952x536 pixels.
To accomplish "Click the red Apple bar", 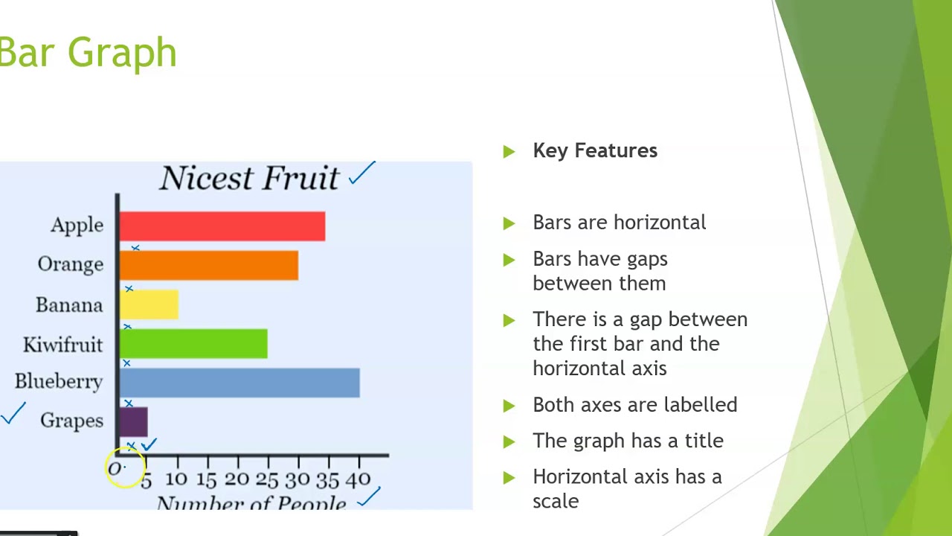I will click(x=222, y=226).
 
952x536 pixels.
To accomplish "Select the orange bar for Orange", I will click(x=208, y=266).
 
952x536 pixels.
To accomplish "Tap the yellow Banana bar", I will click(x=149, y=304).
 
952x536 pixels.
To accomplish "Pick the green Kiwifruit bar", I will click(x=193, y=344).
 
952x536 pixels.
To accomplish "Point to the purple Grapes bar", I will click(x=133, y=421).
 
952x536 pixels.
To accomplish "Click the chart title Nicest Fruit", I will click(x=249, y=179).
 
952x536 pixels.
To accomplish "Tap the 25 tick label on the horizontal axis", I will click(x=267, y=480).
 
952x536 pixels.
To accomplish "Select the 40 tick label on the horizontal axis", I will click(x=358, y=480).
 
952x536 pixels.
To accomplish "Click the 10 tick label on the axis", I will click(x=176, y=480).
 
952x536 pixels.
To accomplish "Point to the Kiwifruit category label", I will click(x=62, y=345).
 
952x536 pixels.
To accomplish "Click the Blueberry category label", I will click(x=59, y=382).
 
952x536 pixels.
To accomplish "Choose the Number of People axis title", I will click(x=251, y=504).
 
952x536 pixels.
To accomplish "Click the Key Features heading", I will click(x=595, y=150).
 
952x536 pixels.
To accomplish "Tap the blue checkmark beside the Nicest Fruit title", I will click(x=362, y=174).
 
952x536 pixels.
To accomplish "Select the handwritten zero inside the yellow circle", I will click(x=115, y=469).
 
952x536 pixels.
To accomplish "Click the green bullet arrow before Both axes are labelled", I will click(x=509, y=406).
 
